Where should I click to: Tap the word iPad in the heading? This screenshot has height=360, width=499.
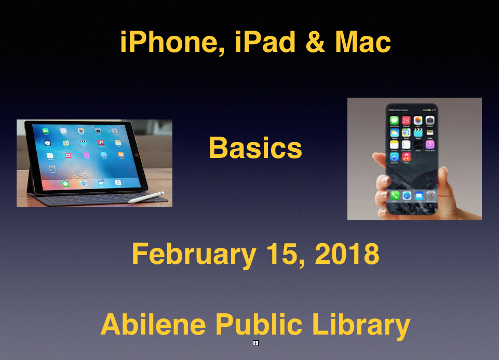(x=265, y=42)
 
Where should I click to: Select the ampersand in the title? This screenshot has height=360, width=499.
(x=315, y=42)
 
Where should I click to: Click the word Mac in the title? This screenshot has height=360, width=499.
(x=363, y=42)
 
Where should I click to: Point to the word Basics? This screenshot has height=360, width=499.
(x=255, y=148)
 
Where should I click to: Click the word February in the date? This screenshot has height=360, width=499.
(x=194, y=255)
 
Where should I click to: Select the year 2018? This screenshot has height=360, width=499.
(x=347, y=254)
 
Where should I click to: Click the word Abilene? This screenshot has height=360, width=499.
(x=153, y=324)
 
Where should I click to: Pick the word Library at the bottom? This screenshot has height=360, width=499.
(x=361, y=325)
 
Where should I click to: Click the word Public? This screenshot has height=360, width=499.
(x=259, y=324)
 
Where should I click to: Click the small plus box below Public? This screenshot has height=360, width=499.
(x=255, y=343)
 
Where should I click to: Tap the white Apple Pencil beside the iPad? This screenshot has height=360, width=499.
(x=146, y=197)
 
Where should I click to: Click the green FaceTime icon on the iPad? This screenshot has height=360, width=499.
(x=46, y=130)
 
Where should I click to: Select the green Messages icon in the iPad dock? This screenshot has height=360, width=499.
(x=65, y=184)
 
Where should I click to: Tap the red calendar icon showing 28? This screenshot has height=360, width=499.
(x=406, y=120)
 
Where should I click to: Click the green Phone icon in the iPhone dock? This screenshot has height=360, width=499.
(x=395, y=195)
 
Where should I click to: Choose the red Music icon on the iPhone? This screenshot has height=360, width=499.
(x=406, y=156)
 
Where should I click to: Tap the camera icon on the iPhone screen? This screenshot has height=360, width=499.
(x=430, y=120)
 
